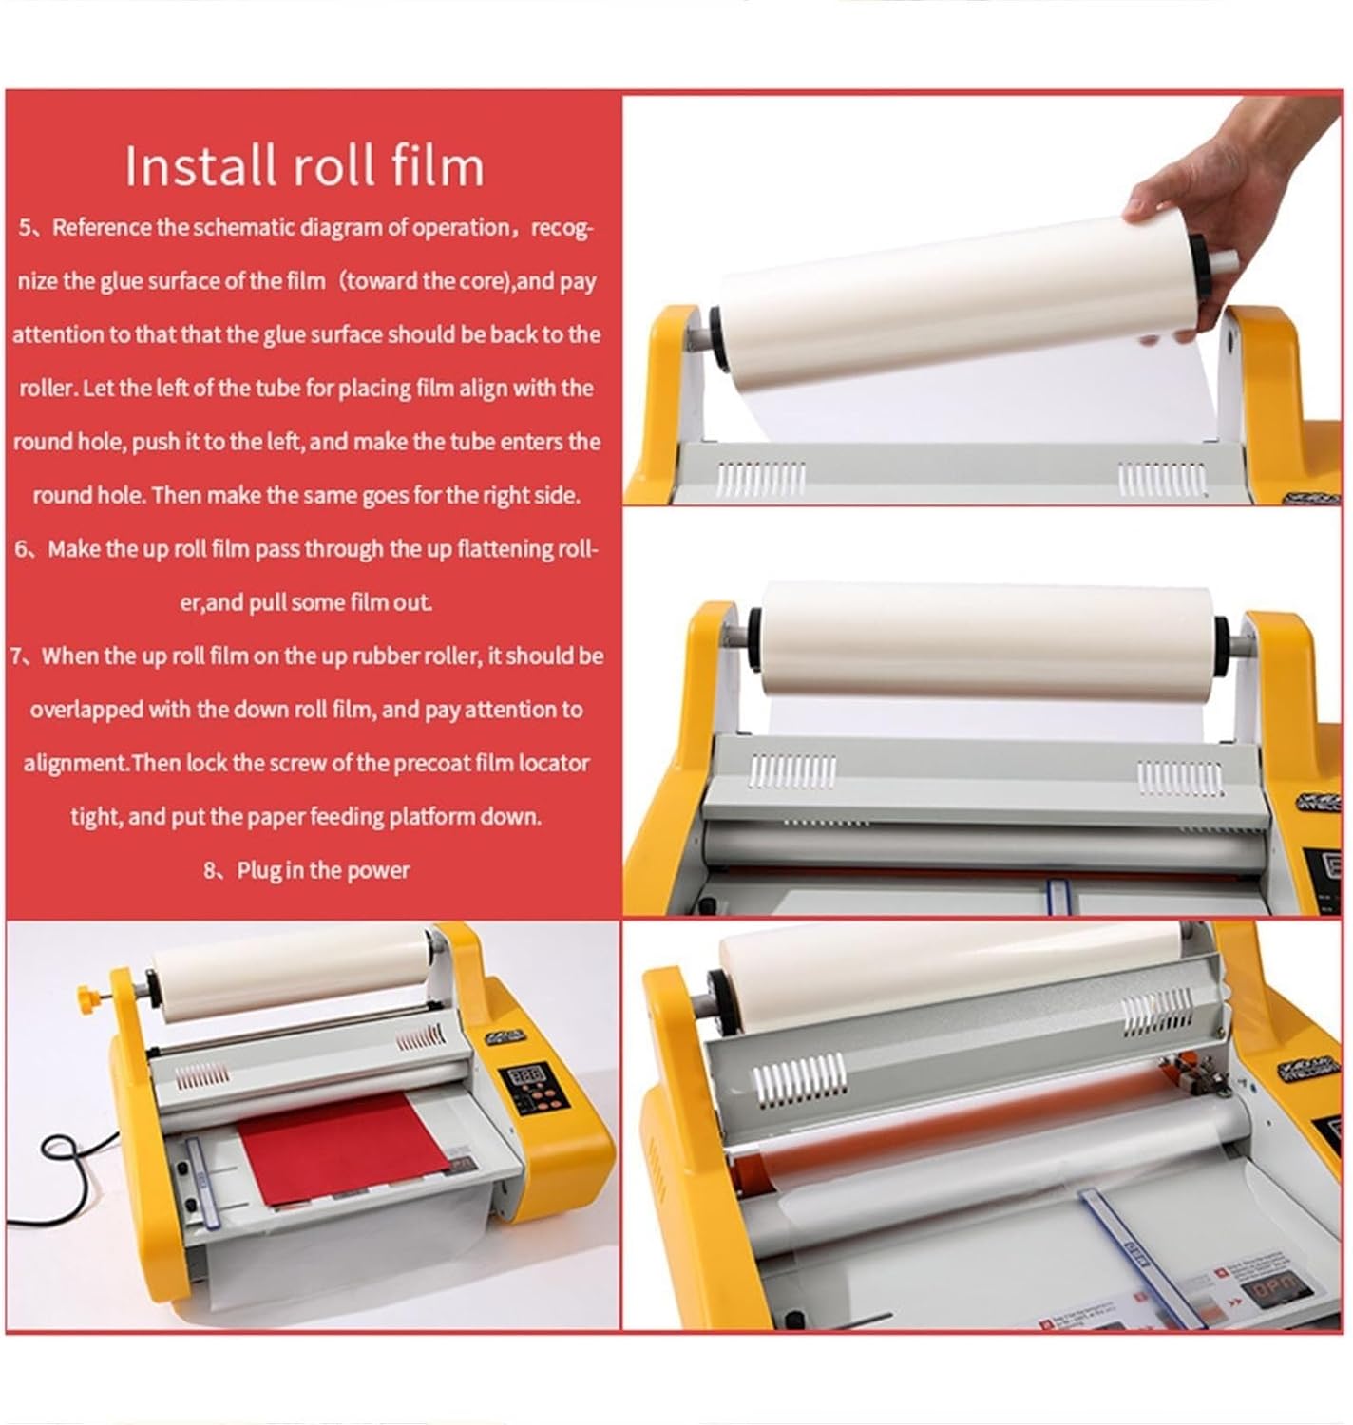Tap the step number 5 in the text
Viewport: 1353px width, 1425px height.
(26, 228)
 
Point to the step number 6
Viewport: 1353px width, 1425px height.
(21, 549)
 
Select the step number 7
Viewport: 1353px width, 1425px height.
(17, 656)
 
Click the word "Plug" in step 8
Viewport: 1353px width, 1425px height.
(257, 870)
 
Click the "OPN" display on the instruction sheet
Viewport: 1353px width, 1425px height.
(1272, 1290)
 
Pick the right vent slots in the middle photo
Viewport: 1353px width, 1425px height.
(1167, 777)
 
